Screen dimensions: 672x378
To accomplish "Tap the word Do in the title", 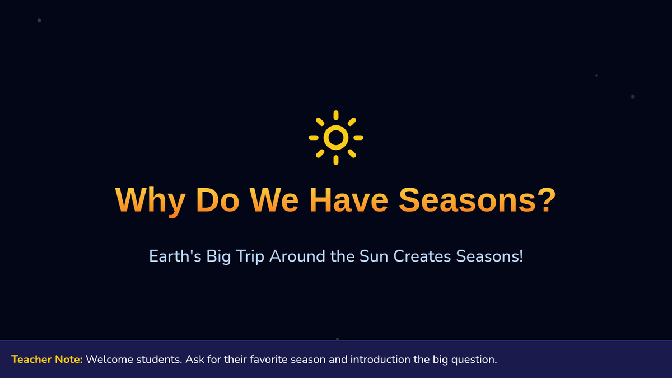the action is pyautogui.click(x=218, y=200).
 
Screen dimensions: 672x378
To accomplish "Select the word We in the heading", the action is pyautogui.click(x=274, y=200).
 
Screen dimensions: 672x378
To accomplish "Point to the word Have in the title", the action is pyautogui.click(x=348, y=200).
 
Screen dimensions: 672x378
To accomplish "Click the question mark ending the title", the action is pyautogui.click(x=547, y=199).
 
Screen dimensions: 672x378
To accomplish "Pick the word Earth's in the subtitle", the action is pyautogui.click(x=175, y=256).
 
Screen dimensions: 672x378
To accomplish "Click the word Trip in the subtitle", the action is pyautogui.click(x=250, y=257).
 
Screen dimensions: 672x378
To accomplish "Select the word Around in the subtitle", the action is pyautogui.click(x=297, y=256).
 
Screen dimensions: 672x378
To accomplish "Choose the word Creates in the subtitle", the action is pyautogui.click(x=422, y=256).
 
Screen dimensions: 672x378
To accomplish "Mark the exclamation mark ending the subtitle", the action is pyautogui.click(x=521, y=256).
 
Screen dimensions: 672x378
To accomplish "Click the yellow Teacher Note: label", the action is pyautogui.click(x=47, y=360).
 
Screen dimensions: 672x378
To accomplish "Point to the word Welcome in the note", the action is pyautogui.click(x=110, y=360).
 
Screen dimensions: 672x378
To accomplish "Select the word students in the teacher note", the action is pyautogui.click(x=159, y=360).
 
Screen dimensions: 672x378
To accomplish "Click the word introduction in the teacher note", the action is pyautogui.click(x=380, y=360).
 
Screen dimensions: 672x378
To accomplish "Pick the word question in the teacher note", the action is pyautogui.click(x=474, y=360).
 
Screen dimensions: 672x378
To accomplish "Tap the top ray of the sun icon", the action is pyautogui.click(x=336, y=115).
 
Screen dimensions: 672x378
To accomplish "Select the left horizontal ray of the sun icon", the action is pyautogui.click(x=314, y=138).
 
